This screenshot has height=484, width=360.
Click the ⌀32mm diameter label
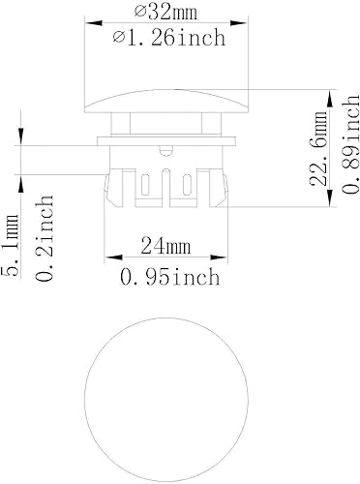point(165,12)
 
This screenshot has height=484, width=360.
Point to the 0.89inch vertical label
point(345,150)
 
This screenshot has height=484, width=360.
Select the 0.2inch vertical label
point(43,237)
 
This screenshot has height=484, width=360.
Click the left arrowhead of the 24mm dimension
point(108,257)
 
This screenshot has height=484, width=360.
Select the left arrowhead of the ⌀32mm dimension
point(90,22)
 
